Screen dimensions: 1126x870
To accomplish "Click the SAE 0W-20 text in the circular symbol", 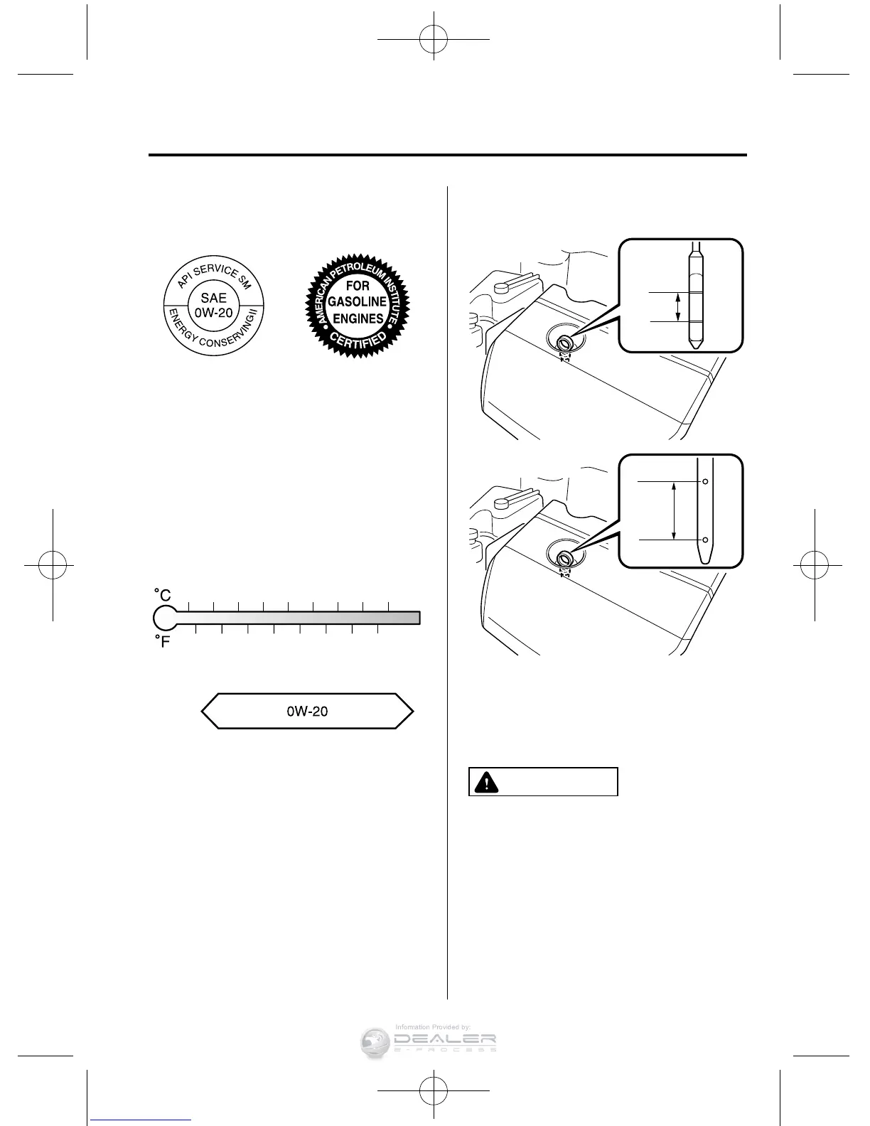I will pos(214,305).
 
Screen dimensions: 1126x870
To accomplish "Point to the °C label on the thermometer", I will pos(163,594).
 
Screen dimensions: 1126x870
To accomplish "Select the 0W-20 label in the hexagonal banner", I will pos(307,711).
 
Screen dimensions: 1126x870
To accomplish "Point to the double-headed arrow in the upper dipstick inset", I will pos(677,307).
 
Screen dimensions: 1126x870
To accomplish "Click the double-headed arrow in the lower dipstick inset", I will pos(674,510).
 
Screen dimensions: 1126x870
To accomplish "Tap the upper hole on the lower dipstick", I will pos(705,481).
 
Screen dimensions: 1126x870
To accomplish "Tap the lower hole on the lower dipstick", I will pos(705,540).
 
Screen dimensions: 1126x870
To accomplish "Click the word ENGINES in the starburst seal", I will pos(358,318).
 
